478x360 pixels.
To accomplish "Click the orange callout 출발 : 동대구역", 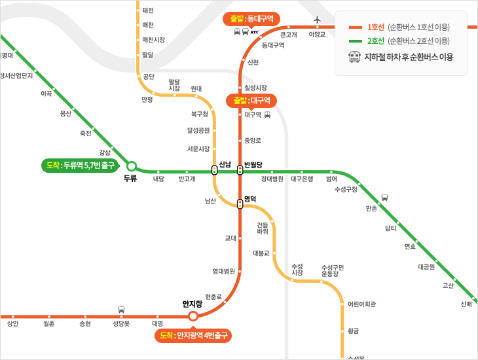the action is coord(251,18).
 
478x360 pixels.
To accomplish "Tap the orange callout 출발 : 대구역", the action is coord(252,100).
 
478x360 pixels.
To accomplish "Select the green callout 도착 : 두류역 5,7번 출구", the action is coord(82,165).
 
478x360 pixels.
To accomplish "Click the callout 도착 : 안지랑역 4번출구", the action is coord(193,336).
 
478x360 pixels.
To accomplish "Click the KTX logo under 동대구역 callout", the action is coord(255,31).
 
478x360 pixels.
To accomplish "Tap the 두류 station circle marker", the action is coord(131,166).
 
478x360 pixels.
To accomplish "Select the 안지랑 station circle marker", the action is coord(193,316).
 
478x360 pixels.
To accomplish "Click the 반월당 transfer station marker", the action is coord(240,170).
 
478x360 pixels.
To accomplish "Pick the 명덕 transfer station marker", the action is coord(240,204).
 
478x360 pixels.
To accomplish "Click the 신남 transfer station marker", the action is coord(215,170).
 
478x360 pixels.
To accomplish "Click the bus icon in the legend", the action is coord(354,58).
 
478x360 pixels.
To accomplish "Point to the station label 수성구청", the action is coord(346,189).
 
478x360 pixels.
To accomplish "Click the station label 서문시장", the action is coord(198,149).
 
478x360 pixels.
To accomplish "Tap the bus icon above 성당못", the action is coord(121,309).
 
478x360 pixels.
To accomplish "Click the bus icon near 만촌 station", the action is coord(384,197).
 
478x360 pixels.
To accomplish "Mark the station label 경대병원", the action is coord(272,179).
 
